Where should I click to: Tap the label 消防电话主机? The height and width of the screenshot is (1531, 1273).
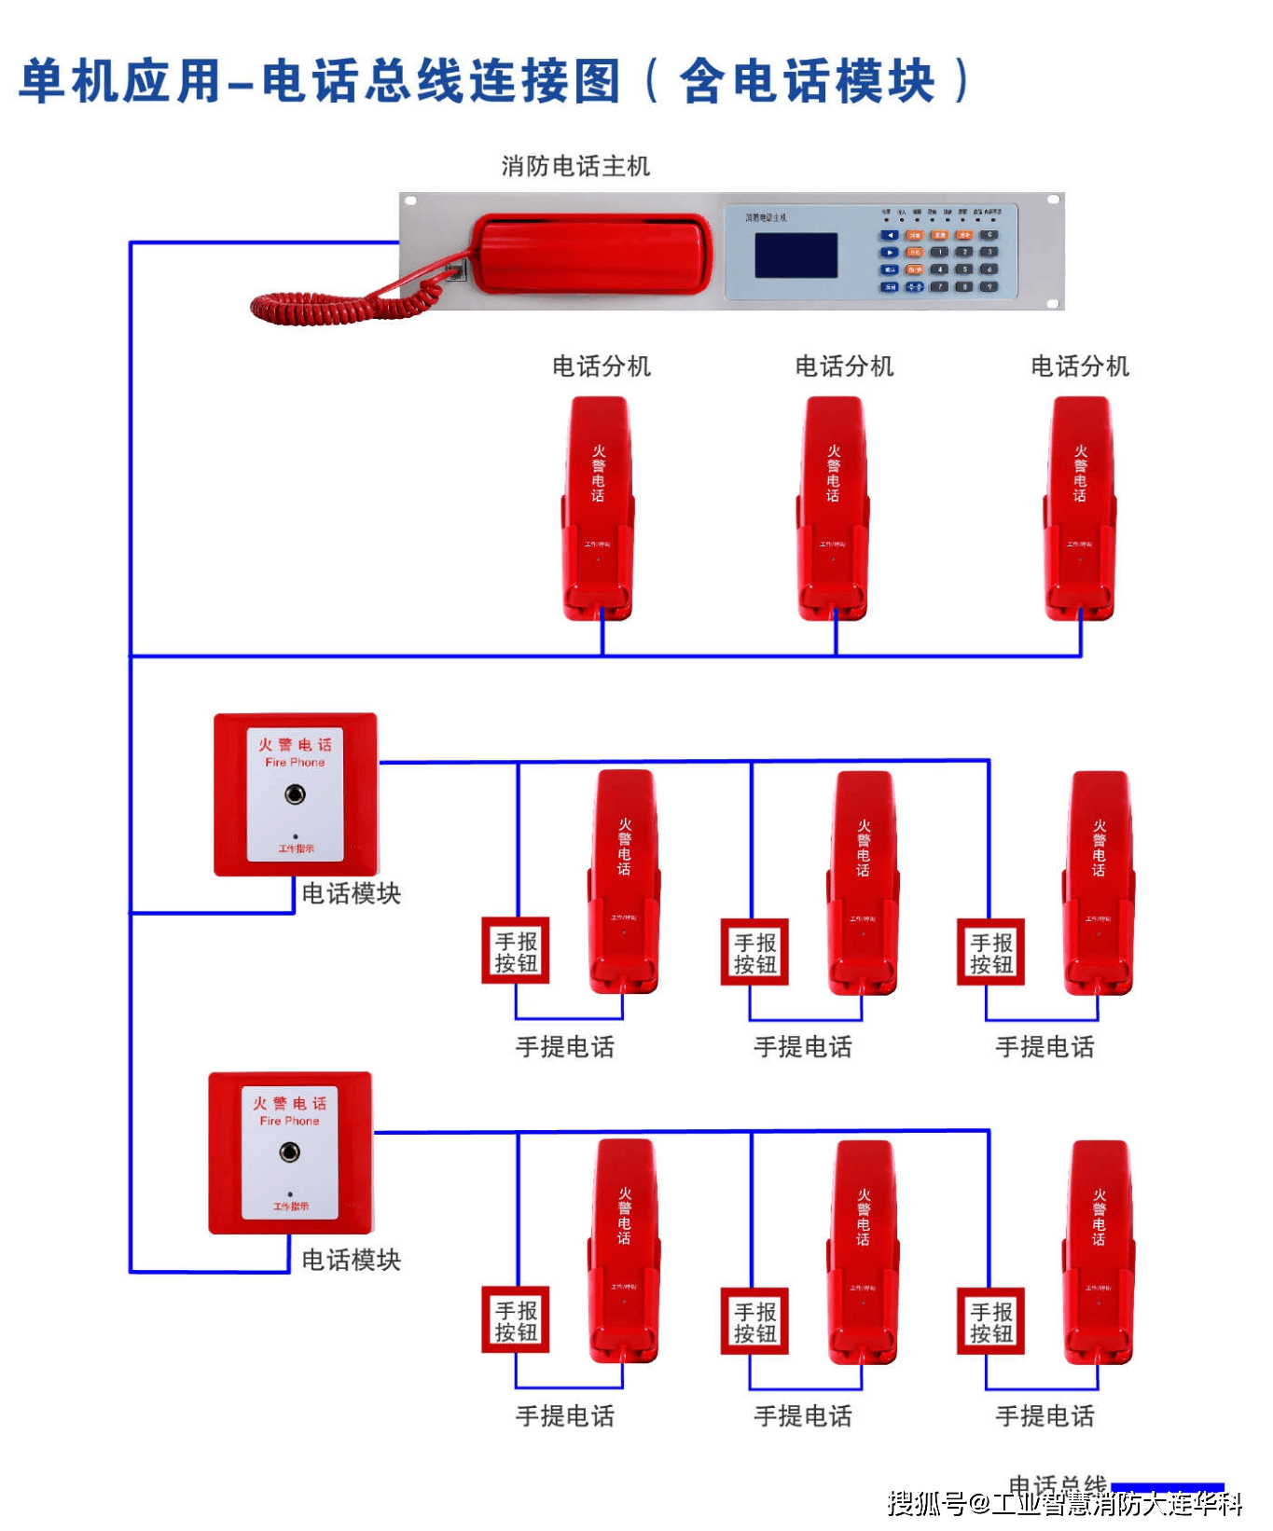(575, 167)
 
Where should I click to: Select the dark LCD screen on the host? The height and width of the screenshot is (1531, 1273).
(796, 255)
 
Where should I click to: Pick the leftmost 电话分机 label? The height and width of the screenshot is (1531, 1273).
(602, 366)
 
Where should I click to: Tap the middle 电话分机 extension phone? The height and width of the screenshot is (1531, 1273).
(833, 508)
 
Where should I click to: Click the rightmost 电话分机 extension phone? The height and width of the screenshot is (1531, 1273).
(1080, 508)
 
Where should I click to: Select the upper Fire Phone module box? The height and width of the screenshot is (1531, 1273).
(296, 794)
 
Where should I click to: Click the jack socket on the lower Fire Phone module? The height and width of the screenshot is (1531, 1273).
(290, 1152)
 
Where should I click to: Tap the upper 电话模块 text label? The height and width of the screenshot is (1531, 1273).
(352, 893)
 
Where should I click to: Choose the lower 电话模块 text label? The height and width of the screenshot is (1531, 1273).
(352, 1260)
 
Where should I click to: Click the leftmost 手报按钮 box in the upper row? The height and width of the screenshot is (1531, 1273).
(516, 952)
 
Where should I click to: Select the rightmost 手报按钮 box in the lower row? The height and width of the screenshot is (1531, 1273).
(990, 1321)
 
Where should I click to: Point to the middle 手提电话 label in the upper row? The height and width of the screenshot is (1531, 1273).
(803, 1047)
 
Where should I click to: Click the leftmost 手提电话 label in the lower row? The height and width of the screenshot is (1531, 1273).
(565, 1416)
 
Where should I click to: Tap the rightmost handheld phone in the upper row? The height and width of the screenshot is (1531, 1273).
(1099, 883)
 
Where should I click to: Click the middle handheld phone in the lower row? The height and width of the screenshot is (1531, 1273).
(863, 1252)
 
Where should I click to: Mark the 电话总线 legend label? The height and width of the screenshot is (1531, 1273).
(1058, 1484)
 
